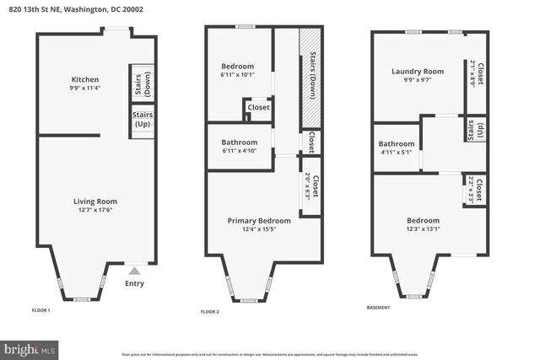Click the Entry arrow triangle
pyautogui.click(x=134, y=271)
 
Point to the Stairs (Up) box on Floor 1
pyautogui.click(x=140, y=119)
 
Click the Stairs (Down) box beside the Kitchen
pyautogui.click(x=140, y=83)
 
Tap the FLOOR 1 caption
pyautogui.click(x=41, y=311)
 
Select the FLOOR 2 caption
pyautogui.click(x=210, y=311)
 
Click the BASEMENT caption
pyautogui.click(x=378, y=308)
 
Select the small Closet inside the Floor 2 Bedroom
pyautogui.click(x=257, y=108)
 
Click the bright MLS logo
pyautogui.click(x=30, y=347)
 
